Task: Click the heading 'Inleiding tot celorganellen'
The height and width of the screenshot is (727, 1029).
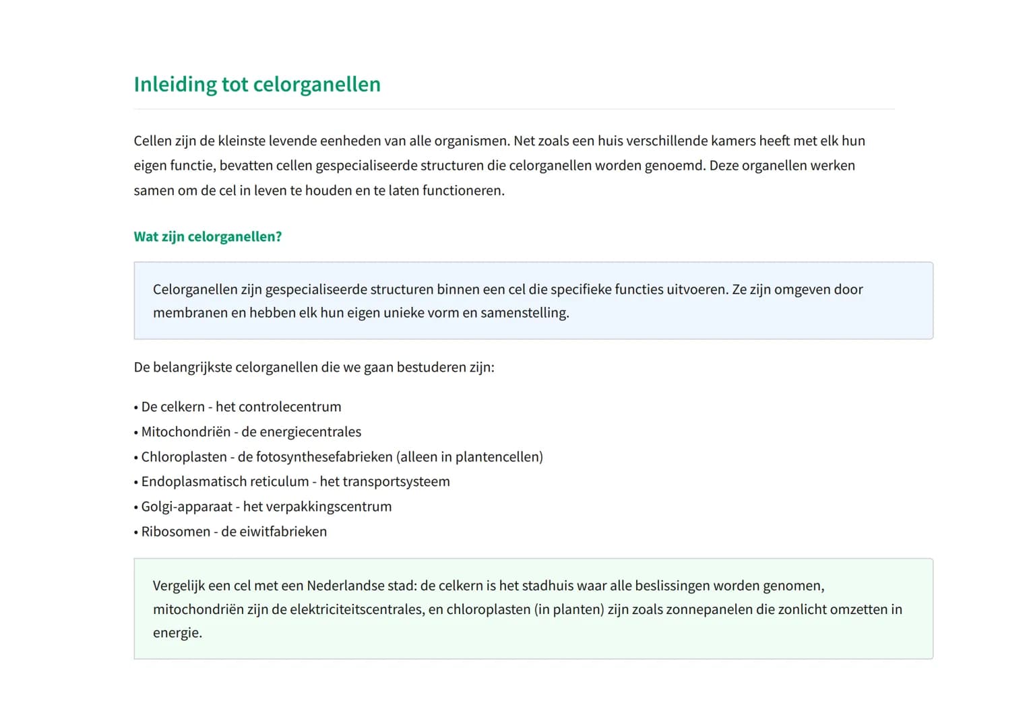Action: (257, 84)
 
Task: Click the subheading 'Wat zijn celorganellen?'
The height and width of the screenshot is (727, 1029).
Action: (208, 236)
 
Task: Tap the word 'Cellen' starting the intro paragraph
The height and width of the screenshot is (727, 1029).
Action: (152, 141)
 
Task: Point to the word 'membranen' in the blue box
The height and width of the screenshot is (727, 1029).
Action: (189, 313)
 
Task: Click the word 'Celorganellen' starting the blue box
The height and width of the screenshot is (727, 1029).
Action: (195, 289)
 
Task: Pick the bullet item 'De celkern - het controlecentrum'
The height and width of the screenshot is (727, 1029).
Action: (241, 407)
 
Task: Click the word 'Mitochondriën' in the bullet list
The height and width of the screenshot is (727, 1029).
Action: (185, 431)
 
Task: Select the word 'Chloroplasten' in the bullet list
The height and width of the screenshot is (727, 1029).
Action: (184, 456)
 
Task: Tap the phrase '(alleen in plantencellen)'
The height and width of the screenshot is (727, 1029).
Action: (470, 456)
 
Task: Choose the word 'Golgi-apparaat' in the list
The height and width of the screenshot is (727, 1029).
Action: (187, 506)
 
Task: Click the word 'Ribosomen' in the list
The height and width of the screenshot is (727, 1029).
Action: (176, 531)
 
